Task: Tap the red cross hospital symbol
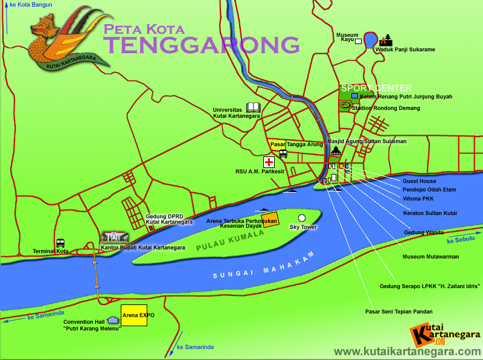coord(269,162)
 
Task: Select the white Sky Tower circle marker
coord(302,218)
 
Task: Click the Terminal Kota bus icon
coord(60,243)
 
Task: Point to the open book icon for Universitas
coord(254,108)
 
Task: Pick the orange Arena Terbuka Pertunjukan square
coord(270,219)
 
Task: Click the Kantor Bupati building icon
coord(115,236)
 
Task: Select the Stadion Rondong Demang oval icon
coord(345,105)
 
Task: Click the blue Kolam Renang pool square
coord(354,96)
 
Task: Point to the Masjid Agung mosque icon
coord(336,151)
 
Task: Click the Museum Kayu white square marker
coord(359,42)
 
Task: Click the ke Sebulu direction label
coord(461,239)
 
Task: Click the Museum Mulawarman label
coord(430,257)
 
